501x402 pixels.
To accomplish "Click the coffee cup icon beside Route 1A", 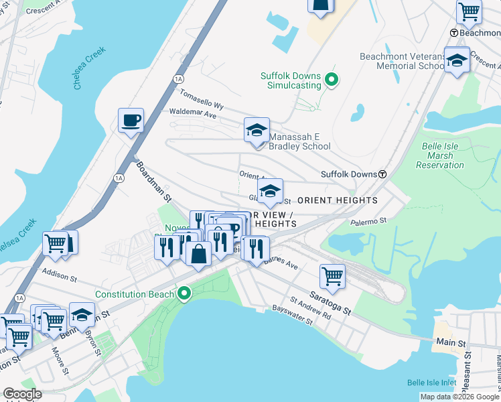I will (131, 121).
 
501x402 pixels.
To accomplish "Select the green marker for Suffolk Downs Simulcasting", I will (331, 81).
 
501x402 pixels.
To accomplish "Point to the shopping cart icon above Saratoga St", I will (332, 274).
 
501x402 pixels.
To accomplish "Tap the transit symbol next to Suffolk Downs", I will (382, 174).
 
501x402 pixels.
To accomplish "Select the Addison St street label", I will (60, 273).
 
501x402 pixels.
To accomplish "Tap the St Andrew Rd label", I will (310, 306).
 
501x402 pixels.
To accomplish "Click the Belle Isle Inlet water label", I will (433, 383).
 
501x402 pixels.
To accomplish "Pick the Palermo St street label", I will (369, 220).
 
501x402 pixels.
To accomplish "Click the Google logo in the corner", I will (22, 394).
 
